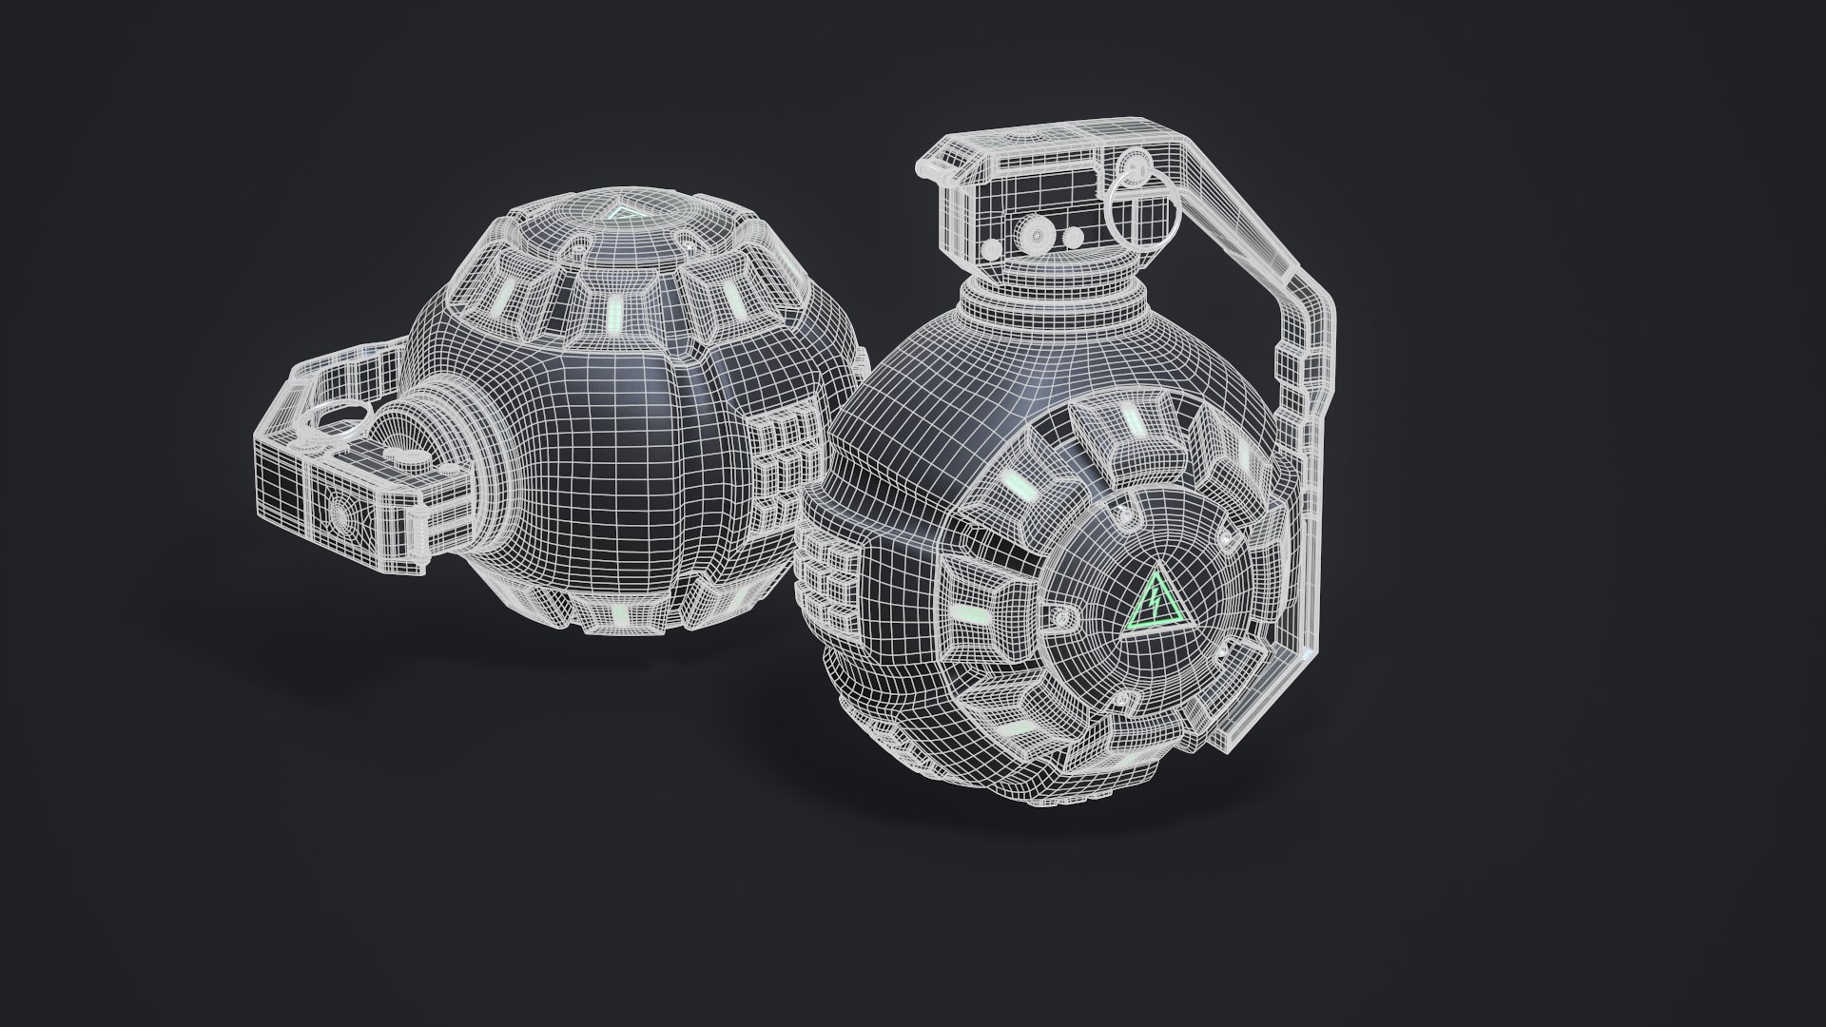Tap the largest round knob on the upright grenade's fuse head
point(1035,232)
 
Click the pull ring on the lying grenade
point(342,415)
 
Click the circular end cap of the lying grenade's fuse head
point(338,513)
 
